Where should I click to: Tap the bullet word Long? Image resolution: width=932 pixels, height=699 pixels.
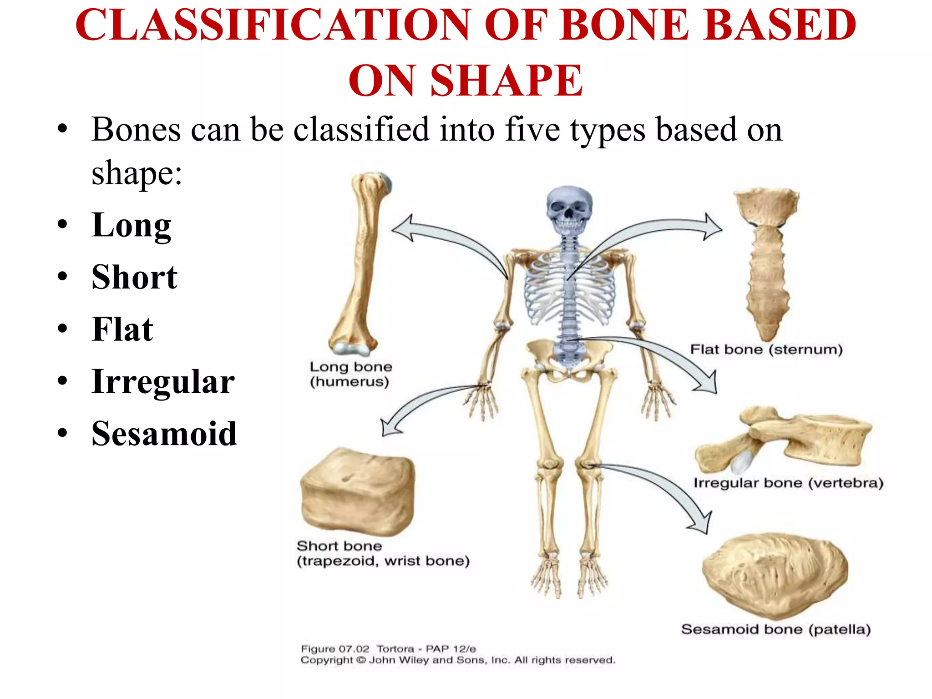(x=131, y=225)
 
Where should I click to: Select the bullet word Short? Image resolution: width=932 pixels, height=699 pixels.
(x=134, y=277)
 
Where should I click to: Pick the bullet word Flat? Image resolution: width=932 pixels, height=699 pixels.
(x=122, y=329)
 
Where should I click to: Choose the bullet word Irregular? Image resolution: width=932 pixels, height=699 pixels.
(x=163, y=381)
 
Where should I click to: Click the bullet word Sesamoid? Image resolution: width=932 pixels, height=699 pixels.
(x=164, y=434)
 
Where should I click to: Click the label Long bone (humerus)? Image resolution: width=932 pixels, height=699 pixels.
(x=350, y=374)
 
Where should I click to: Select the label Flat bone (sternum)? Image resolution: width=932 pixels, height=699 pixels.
(x=766, y=349)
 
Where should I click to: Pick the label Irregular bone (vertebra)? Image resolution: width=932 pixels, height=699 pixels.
(x=788, y=483)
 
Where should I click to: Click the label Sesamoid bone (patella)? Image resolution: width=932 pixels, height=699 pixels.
(x=775, y=629)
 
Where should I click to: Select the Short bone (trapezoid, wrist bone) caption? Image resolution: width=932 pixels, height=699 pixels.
(x=382, y=553)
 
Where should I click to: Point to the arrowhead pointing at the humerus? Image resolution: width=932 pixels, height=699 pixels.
(x=402, y=228)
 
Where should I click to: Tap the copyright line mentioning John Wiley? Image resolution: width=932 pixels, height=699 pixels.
(x=457, y=660)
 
